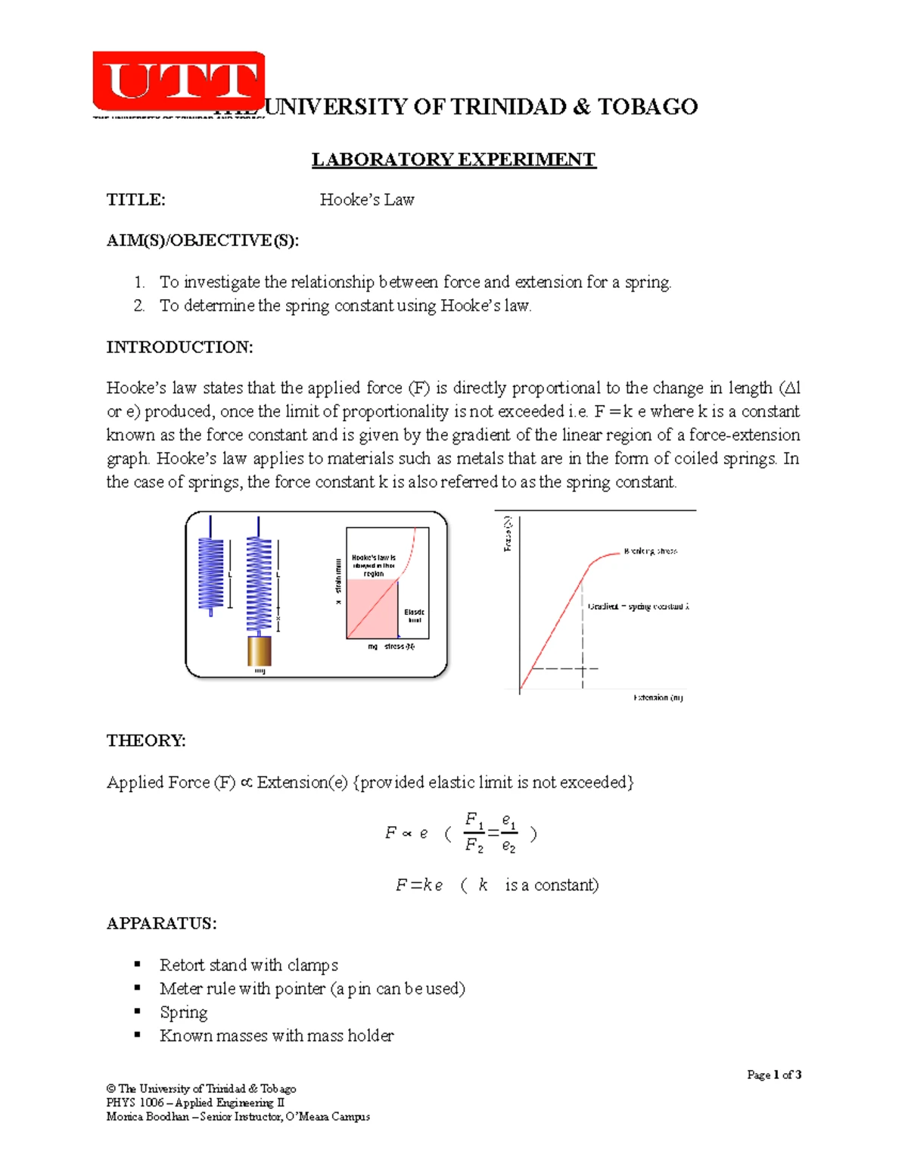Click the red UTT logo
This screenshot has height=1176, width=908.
179,81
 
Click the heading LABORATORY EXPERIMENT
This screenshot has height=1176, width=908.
453,160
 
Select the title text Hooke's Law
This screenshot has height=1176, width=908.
366,200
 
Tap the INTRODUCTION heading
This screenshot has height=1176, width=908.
179,348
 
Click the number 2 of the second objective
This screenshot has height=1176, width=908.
138,306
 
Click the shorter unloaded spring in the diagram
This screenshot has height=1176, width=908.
211,573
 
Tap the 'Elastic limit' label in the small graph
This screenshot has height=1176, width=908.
414,616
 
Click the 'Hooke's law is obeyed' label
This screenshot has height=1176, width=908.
373,566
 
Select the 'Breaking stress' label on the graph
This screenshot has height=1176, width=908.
650,551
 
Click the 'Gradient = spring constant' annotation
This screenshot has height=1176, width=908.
638,607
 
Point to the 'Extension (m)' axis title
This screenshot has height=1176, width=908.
658,697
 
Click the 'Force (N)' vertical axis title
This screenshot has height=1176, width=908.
508,534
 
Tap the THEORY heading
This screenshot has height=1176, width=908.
146,741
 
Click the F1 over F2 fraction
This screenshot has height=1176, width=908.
474,832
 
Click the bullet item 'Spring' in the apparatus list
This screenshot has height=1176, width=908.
183,1012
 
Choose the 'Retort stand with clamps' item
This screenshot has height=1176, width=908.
248,965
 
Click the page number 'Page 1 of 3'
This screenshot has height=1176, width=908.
773,1075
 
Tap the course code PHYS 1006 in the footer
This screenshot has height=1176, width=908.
135,1103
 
